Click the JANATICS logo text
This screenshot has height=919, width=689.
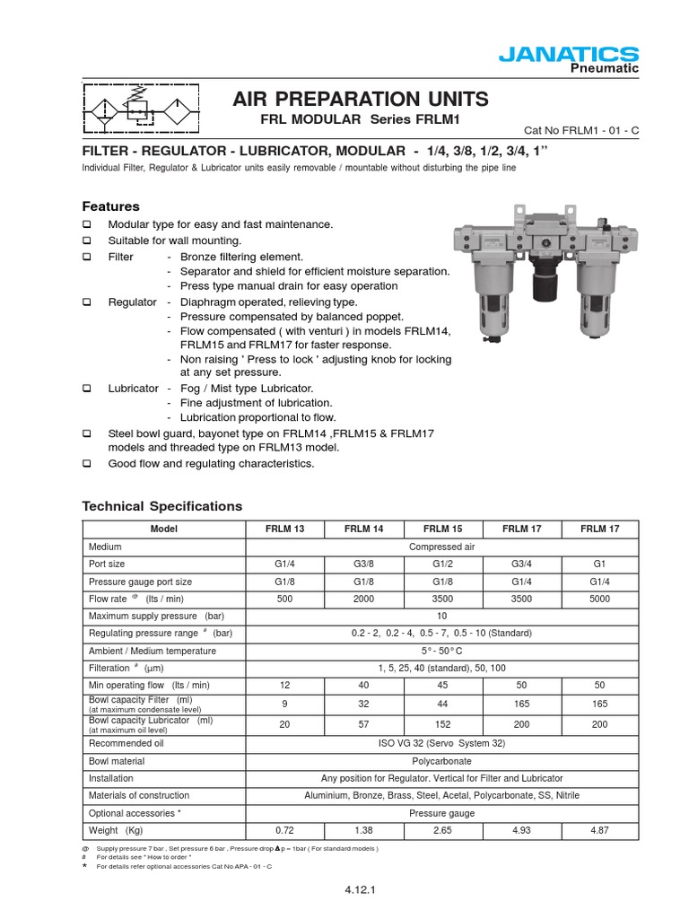581,55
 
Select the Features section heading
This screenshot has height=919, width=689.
110,206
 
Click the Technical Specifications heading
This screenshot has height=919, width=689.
162,506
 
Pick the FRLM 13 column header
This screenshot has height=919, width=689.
284,530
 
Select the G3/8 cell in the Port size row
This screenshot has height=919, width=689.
364,565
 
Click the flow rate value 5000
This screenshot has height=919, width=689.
599,599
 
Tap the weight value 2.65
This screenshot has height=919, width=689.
443,829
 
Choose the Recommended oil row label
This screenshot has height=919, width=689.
126,743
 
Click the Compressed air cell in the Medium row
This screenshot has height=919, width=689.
441,547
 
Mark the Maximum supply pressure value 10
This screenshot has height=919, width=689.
441,617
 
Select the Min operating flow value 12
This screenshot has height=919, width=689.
284,685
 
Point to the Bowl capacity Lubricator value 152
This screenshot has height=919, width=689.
443,724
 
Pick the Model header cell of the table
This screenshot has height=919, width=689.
164,530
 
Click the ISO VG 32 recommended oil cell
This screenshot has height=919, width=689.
441,743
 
